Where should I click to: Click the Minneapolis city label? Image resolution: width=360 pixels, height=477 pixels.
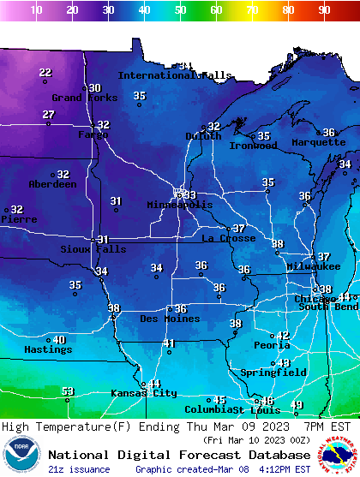(179, 206)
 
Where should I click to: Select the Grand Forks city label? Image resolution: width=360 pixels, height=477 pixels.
(78, 98)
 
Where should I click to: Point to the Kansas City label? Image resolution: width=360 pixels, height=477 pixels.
(143, 393)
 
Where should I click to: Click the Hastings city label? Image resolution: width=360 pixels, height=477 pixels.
(48, 349)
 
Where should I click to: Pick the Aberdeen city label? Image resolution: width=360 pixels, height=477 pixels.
(52, 184)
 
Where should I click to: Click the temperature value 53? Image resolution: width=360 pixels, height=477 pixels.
(68, 391)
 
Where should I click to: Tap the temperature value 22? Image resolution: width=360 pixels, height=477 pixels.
(45, 73)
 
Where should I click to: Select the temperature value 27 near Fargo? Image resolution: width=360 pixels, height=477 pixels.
(49, 115)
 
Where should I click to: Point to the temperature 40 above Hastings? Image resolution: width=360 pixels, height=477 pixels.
(59, 340)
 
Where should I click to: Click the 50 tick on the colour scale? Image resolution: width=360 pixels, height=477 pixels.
(180, 10)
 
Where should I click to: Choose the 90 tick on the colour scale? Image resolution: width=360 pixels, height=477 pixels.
(324, 10)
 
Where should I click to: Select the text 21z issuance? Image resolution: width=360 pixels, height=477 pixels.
(79, 469)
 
